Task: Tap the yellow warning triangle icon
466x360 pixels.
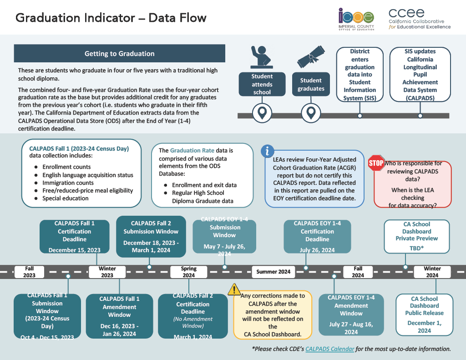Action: tap(234, 289)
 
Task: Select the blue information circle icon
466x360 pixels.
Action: tap(268, 151)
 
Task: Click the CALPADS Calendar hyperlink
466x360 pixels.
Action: tap(324, 349)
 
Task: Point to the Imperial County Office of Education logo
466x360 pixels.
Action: tap(356, 20)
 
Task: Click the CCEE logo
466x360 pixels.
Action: tap(419, 19)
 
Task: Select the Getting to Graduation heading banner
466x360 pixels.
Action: tap(119, 54)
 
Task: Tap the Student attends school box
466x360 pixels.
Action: tap(262, 84)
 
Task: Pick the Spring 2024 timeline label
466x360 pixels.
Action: tap(188, 272)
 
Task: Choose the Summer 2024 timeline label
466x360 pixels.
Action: tap(273, 272)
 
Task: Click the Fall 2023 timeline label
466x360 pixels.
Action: tap(29, 272)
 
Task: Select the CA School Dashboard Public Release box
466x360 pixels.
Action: tap(424, 314)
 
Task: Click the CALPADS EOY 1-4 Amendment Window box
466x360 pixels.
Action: tap(351, 314)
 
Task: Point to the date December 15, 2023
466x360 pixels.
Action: tap(75, 250)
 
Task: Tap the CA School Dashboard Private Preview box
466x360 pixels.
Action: tap(416, 236)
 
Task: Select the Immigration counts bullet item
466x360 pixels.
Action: tap(68, 183)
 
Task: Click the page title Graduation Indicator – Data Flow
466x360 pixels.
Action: tap(111, 18)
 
